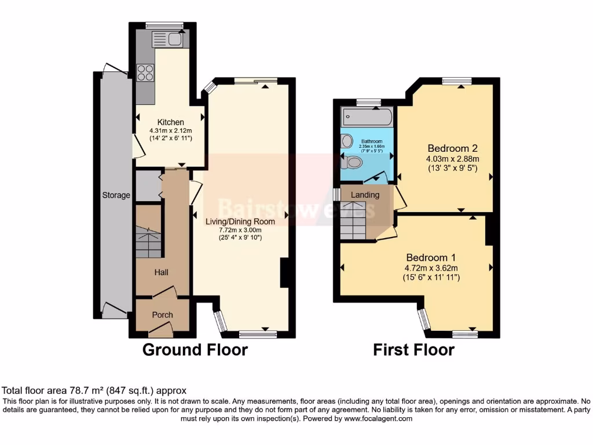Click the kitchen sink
[167, 39]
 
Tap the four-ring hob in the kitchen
[145, 73]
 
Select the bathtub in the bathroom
[367, 118]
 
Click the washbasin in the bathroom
[347, 141]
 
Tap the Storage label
[116, 195]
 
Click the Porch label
[162, 315]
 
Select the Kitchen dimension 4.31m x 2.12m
[170, 131]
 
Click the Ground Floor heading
[195, 350]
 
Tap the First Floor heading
[413, 350]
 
